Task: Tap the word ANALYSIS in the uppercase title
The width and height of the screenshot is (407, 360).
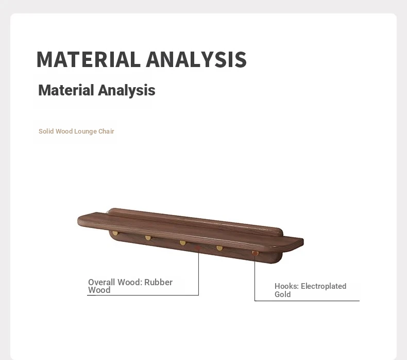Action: pos(196,59)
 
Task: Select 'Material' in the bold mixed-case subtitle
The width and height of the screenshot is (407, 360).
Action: pos(66,90)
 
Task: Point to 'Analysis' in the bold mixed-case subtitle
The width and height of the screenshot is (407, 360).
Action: pos(127,90)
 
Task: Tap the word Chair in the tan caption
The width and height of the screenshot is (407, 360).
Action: pos(106,132)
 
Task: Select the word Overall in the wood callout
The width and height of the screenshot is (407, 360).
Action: pos(101,282)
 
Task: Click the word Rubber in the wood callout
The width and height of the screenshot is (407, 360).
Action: pos(158,282)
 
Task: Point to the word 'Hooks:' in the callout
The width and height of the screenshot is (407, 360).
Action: pos(286,286)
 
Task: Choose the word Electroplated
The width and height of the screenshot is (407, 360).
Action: pos(324,286)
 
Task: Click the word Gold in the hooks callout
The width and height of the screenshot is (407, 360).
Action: pos(283,294)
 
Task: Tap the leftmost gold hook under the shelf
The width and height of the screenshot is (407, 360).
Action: pos(115,233)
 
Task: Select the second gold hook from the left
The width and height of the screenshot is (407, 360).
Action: pos(148,238)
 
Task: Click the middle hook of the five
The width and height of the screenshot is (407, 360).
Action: pos(183,243)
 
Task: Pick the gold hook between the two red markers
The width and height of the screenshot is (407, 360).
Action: pos(219,248)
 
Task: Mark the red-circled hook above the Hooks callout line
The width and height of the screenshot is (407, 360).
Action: pos(255,253)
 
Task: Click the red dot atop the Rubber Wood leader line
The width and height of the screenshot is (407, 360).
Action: pos(198,248)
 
